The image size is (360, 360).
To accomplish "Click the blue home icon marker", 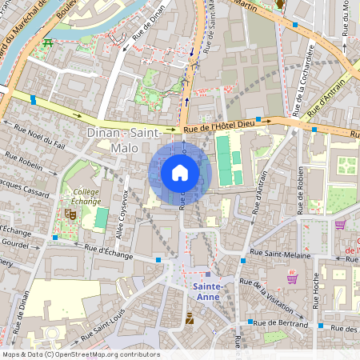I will [180, 173].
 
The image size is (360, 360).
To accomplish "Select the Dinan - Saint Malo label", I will [113, 139].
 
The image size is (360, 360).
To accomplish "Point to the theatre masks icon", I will [70, 214].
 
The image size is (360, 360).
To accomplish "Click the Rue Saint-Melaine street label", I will [276, 254].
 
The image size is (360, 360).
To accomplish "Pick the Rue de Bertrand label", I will [282, 325].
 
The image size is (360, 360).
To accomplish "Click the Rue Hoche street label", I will [314, 293].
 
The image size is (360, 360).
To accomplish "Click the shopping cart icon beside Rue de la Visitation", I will [292, 278].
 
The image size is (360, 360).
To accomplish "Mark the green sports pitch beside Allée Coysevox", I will [102, 217].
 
